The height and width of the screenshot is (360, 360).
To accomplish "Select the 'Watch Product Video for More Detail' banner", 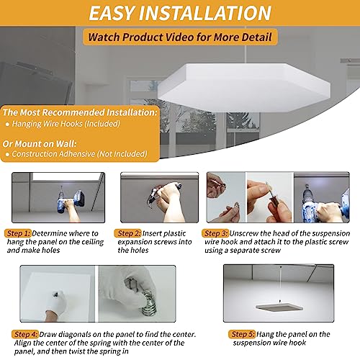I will tap(179, 37).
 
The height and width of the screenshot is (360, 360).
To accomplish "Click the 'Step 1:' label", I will tap(19, 233).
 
